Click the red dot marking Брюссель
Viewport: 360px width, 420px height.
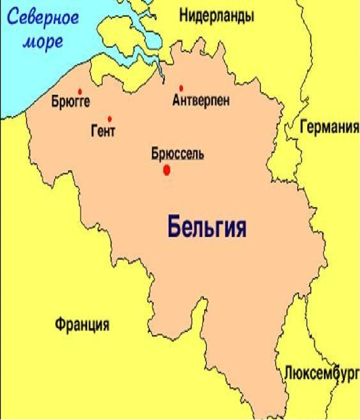click(x=167, y=170)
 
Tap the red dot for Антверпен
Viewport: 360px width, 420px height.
click(x=181, y=88)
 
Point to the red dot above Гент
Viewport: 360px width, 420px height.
click(x=109, y=118)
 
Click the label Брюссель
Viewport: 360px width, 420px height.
click(x=177, y=154)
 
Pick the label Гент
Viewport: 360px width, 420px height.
click(x=103, y=131)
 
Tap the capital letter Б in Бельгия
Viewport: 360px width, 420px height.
click(x=173, y=227)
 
